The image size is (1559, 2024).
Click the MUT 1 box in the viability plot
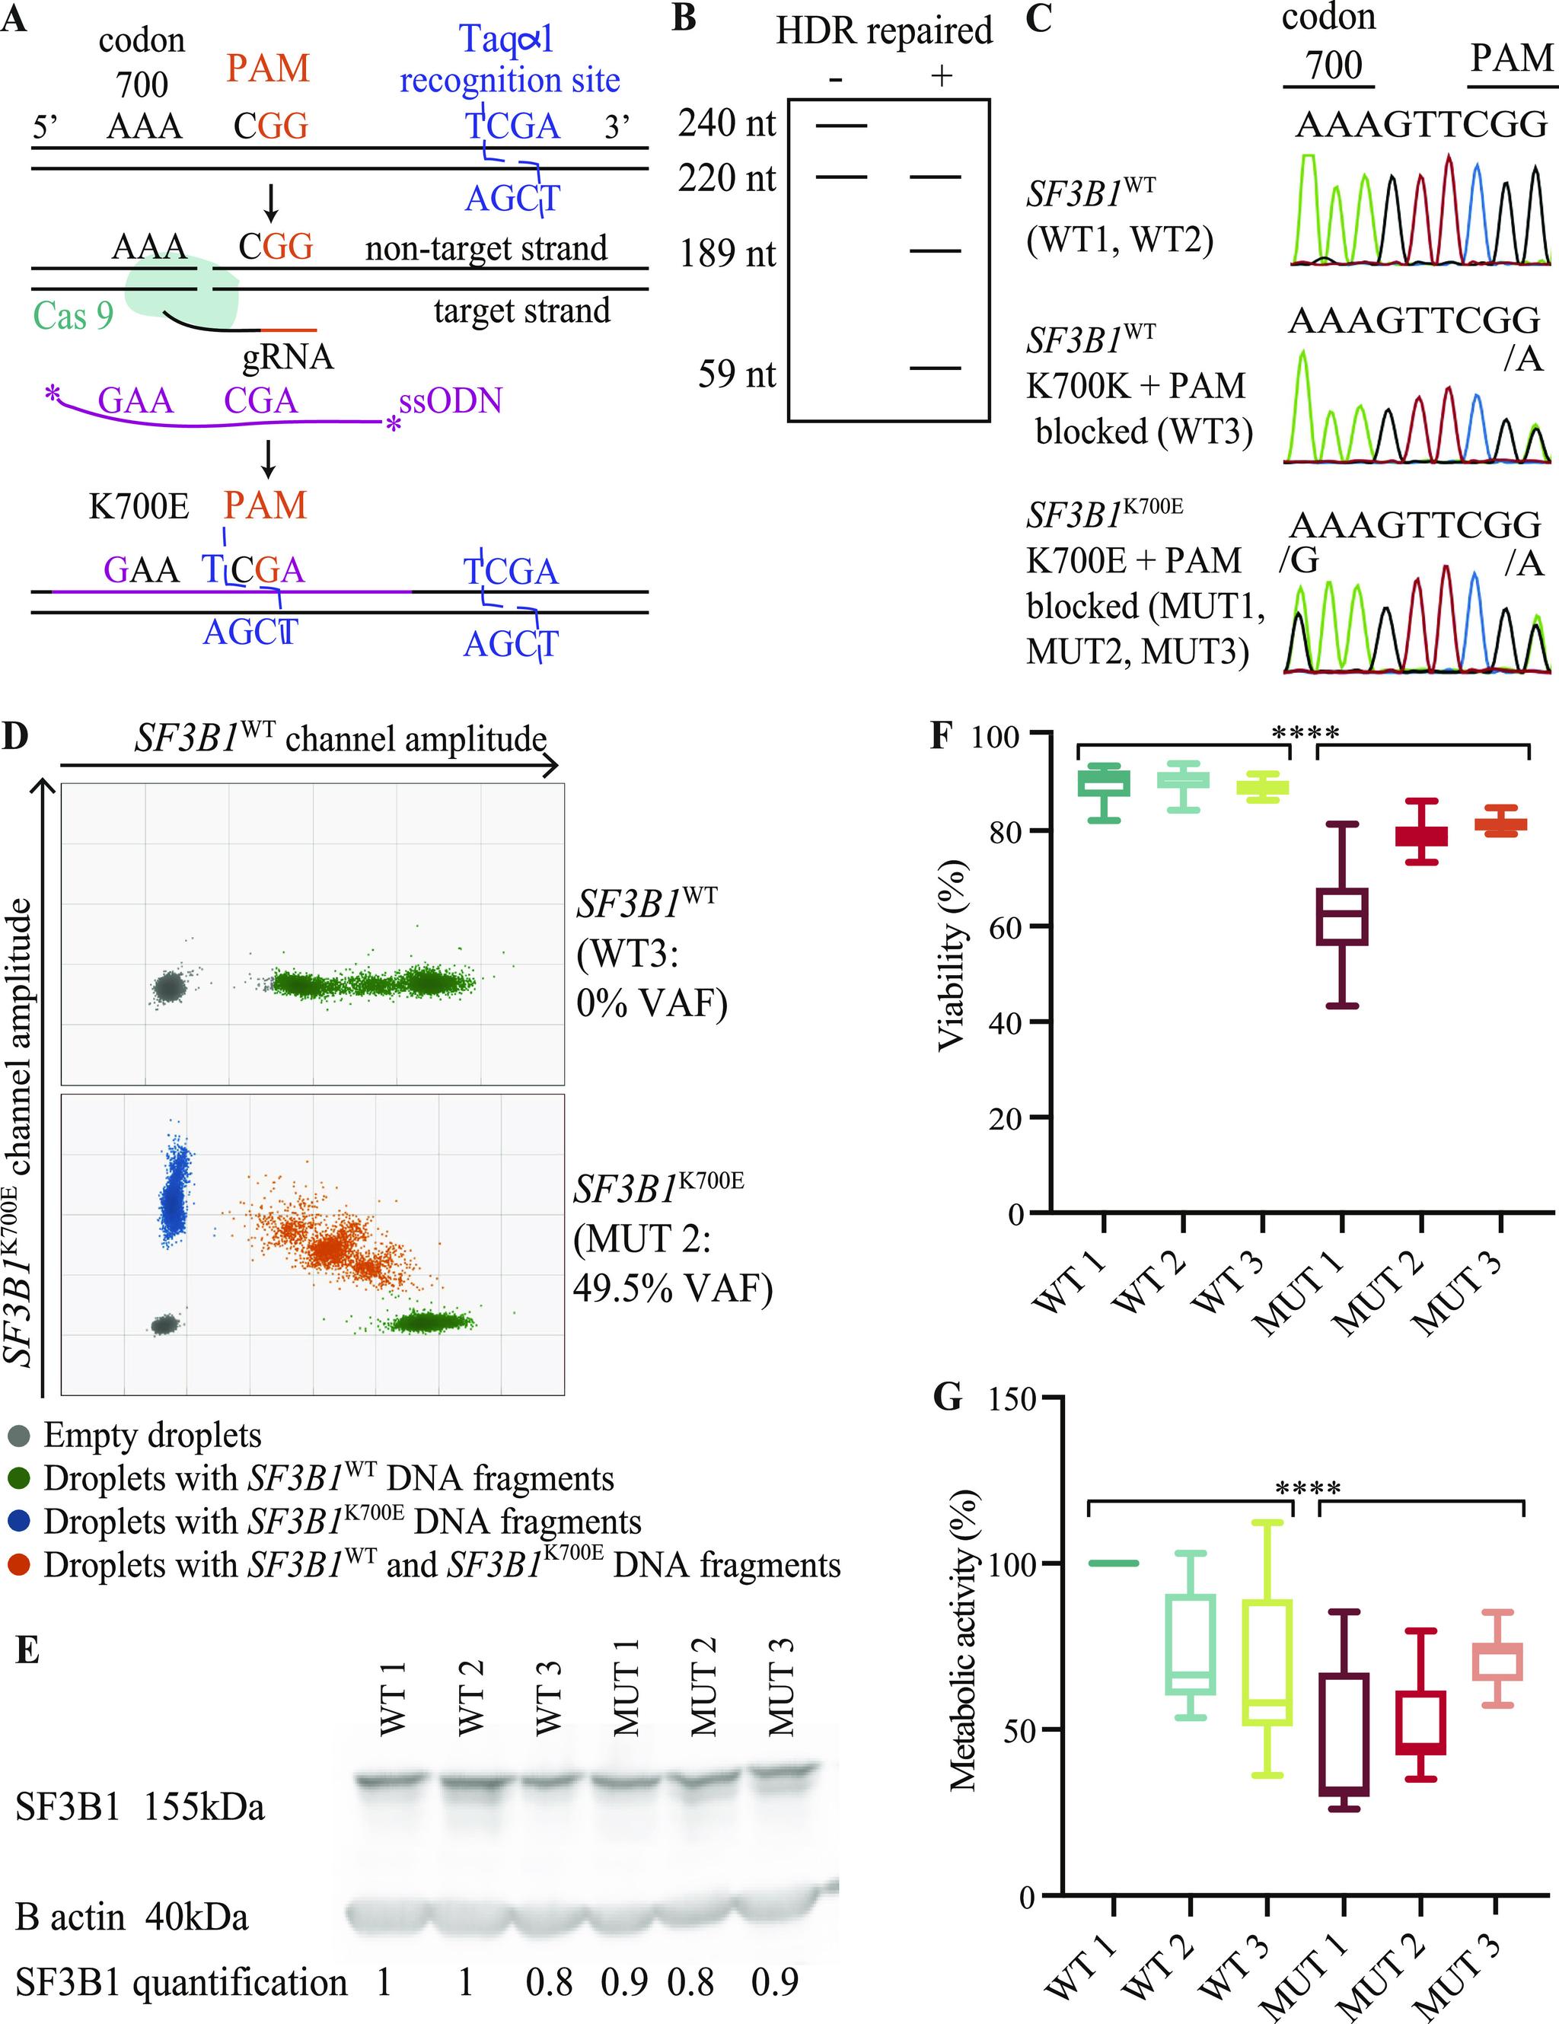[x=1342, y=916]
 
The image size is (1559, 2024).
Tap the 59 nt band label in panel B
[x=737, y=375]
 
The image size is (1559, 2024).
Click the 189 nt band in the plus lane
[x=936, y=251]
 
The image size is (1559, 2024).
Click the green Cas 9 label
[x=73, y=316]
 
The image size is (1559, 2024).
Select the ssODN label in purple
[x=451, y=400]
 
